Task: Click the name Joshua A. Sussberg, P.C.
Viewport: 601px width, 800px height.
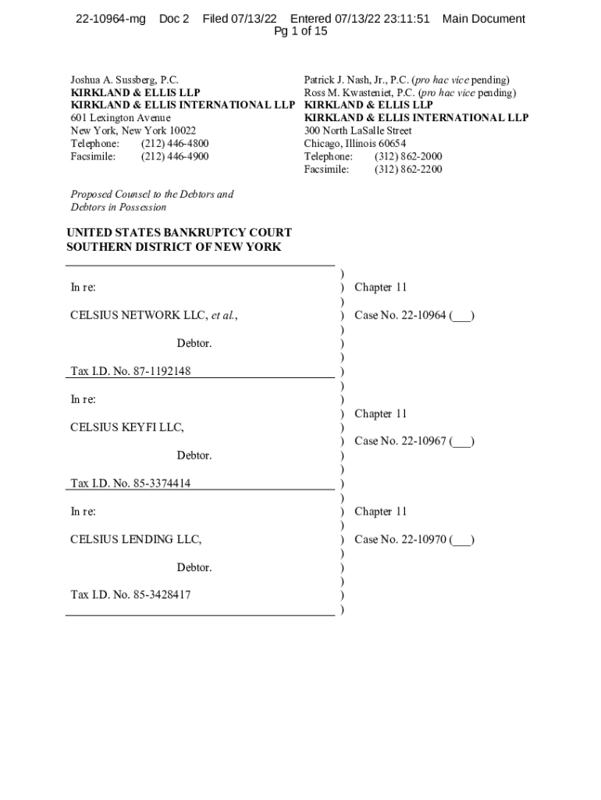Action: tap(125, 80)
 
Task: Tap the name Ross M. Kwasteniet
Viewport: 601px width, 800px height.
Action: tap(348, 92)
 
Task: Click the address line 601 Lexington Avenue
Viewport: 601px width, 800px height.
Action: tap(121, 118)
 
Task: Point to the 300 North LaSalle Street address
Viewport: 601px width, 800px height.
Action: tap(357, 130)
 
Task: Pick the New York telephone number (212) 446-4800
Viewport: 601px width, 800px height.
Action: tap(175, 144)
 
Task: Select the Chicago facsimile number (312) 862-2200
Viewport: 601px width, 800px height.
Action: tap(408, 169)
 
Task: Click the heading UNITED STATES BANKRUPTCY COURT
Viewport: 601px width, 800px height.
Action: tap(180, 233)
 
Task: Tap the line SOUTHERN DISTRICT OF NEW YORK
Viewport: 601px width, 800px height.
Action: tap(174, 247)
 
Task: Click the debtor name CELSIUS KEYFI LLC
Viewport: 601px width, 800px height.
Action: tap(127, 427)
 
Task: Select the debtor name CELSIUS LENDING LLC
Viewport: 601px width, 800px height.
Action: tap(136, 539)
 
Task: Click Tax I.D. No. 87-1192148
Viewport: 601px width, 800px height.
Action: tap(130, 371)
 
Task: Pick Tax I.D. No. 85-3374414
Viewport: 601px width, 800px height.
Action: tap(130, 483)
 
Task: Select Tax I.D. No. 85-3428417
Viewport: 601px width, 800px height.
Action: tap(130, 595)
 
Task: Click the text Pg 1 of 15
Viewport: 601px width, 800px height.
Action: tap(300, 32)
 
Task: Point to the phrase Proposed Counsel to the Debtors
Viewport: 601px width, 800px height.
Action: tap(152, 194)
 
